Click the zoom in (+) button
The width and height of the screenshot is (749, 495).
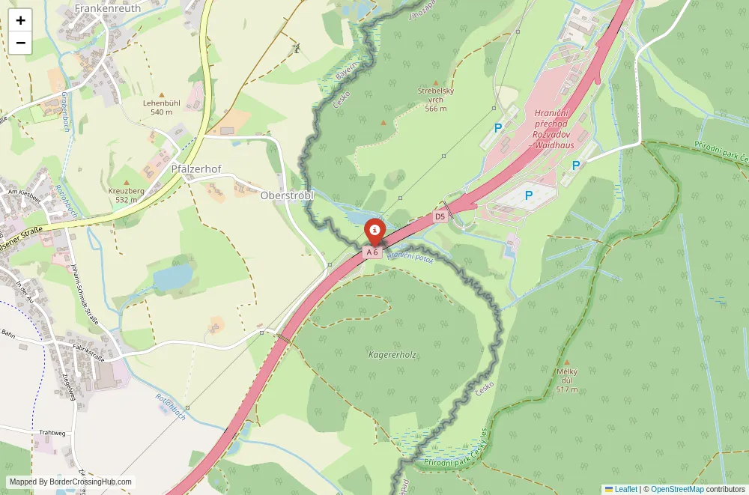click(x=20, y=20)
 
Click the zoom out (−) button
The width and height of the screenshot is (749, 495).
click(x=20, y=43)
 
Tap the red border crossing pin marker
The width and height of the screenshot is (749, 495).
click(x=374, y=230)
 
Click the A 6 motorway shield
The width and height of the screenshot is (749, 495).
click(x=373, y=252)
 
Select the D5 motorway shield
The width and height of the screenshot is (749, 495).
click(x=440, y=217)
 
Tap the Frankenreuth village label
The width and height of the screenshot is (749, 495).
click(x=108, y=8)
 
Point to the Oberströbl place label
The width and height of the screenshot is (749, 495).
click(x=287, y=195)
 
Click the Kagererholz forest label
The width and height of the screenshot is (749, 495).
click(x=392, y=354)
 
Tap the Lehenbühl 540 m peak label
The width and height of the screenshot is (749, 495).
click(x=161, y=107)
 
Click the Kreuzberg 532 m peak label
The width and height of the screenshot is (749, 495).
click(x=126, y=195)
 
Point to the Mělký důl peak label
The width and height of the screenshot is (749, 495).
click(x=567, y=380)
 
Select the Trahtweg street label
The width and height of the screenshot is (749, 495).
click(x=52, y=433)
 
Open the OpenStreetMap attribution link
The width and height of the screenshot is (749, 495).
click(x=677, y=489)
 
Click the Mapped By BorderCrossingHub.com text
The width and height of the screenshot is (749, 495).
click(x=71, y=482)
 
